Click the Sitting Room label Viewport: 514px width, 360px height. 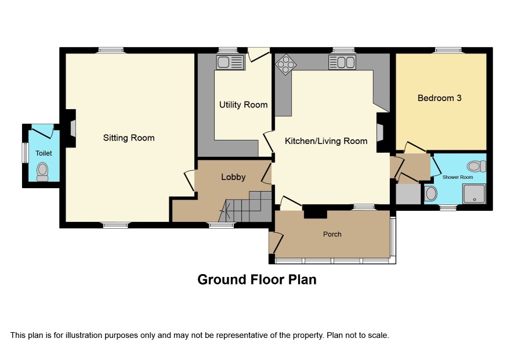click(129, 138)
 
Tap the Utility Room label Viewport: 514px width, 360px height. click(243, 105)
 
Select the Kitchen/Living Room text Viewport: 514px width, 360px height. click(326, 141)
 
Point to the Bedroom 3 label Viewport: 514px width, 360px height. click(439, 98)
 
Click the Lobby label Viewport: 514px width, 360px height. click(233, 177)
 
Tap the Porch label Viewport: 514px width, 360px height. click(332, 235)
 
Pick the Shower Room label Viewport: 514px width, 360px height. click(458, 177)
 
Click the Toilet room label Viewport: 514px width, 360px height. click(44, 153)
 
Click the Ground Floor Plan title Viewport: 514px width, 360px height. click(256, 280)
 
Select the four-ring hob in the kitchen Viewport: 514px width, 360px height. click(286, 64)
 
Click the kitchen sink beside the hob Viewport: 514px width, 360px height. click(342, 62)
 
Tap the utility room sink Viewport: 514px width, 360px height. click(230, 62)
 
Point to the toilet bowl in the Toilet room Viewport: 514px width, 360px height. click(42, 172)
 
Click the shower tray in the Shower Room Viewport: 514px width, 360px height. click(474, 193)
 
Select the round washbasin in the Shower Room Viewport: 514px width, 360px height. click(431, 193)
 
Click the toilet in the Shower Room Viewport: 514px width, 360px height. click(477, 166)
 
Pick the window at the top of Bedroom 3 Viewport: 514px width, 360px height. click(448, 50)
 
